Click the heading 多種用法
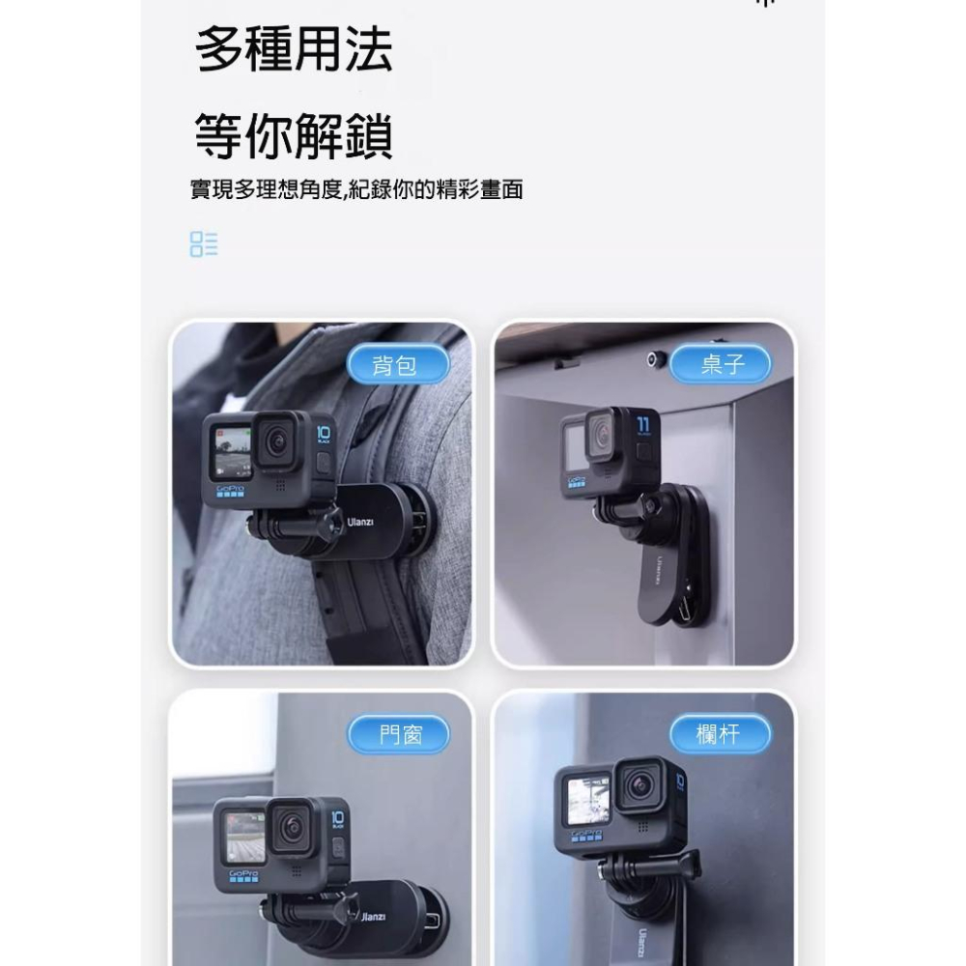click(294, 51)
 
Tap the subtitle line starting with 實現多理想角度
click(356, 190)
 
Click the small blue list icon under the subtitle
click(204, 243)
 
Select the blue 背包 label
click(397, 365)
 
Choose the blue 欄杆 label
click(721, 735)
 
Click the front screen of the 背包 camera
click(231, 450)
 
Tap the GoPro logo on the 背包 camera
click(230, 491)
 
